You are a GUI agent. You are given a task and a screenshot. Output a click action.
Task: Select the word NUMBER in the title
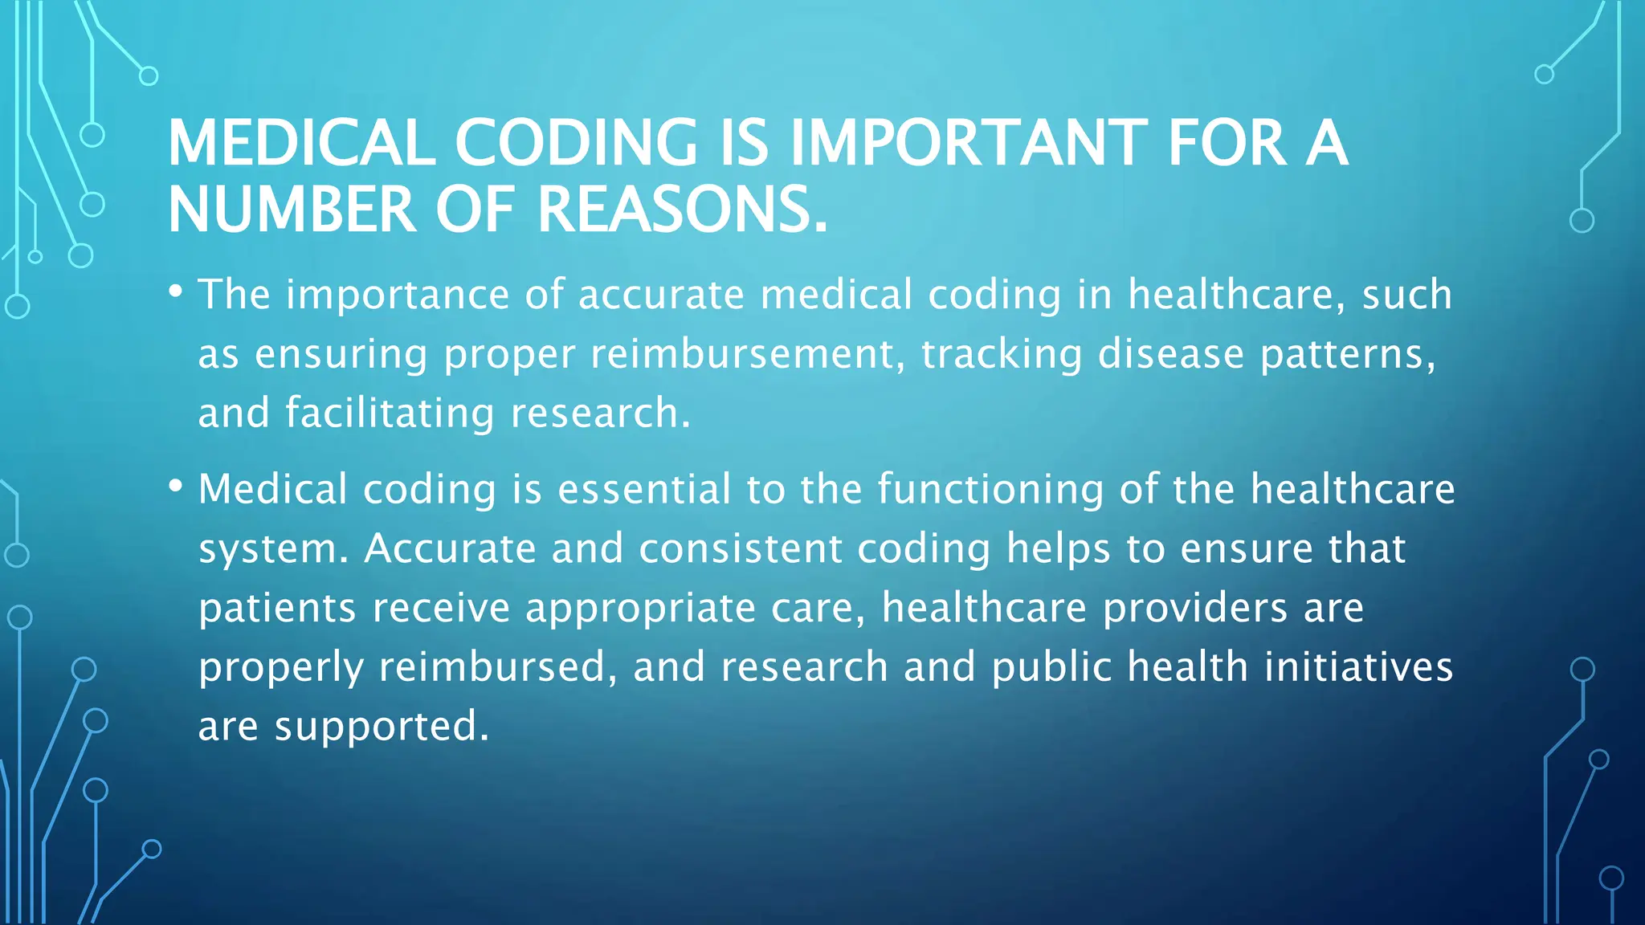pyautogui.click(x=292, y=210)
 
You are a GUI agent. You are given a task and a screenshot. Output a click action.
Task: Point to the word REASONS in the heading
pyautogui.click(x=681, y=210)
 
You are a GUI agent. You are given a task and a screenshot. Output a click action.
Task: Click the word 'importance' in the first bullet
pyautogui.click(x=398, y=295)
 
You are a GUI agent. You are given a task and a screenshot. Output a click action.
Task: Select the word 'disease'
pyautogui.click(x=1170, y=354)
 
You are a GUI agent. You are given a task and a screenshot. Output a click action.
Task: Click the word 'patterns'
pyautogui.click(x=1347, y=354)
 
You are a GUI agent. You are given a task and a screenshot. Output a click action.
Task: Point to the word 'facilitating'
pyautogui.click(x=390, y=414)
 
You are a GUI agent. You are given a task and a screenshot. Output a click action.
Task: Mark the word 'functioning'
pyautogui.click(x=990, y=490)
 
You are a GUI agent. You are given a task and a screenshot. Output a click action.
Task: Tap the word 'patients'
pyautogui.click(x=277, y=609)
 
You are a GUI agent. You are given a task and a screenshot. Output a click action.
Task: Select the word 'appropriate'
pyautogui.click(x=640, y=609)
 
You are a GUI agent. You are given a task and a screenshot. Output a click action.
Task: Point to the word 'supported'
pyautogui.click(x=382, y=727)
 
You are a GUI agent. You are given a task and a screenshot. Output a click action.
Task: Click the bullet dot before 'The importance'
pyautogui.click(x=176, y=290)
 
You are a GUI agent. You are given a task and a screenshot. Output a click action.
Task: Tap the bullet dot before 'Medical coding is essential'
pyautogui.click(x=176, y=485)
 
